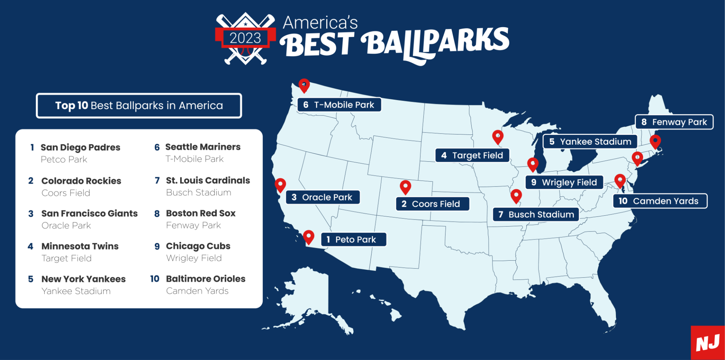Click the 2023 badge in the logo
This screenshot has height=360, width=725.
point(245,38)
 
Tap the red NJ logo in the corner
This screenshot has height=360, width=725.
point(708,343)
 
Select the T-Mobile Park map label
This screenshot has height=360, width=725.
point(339,105)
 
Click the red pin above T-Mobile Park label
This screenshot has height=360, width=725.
point(304,85)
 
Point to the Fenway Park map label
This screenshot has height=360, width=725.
point(674,122)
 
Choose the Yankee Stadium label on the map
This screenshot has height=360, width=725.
point(590,142)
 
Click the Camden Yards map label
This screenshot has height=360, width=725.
point(659,201)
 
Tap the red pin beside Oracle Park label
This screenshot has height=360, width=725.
point(280,185)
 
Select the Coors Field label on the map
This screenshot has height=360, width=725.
point(432,204)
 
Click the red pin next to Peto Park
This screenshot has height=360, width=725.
point(309,236)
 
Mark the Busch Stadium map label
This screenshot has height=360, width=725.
point(536,215)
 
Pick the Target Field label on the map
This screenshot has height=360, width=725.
point(472,155)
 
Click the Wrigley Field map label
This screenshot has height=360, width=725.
point(564,182)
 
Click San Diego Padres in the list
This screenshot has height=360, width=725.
point(80,147)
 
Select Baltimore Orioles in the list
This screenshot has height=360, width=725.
point(205,279)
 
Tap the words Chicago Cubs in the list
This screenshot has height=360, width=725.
point(198,246)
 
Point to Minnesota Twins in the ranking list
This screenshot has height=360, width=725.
point(80,246)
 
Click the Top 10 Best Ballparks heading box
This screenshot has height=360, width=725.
point(139,106)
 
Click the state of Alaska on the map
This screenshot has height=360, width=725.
point(310,295)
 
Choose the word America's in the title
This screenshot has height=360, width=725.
point(320,23)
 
